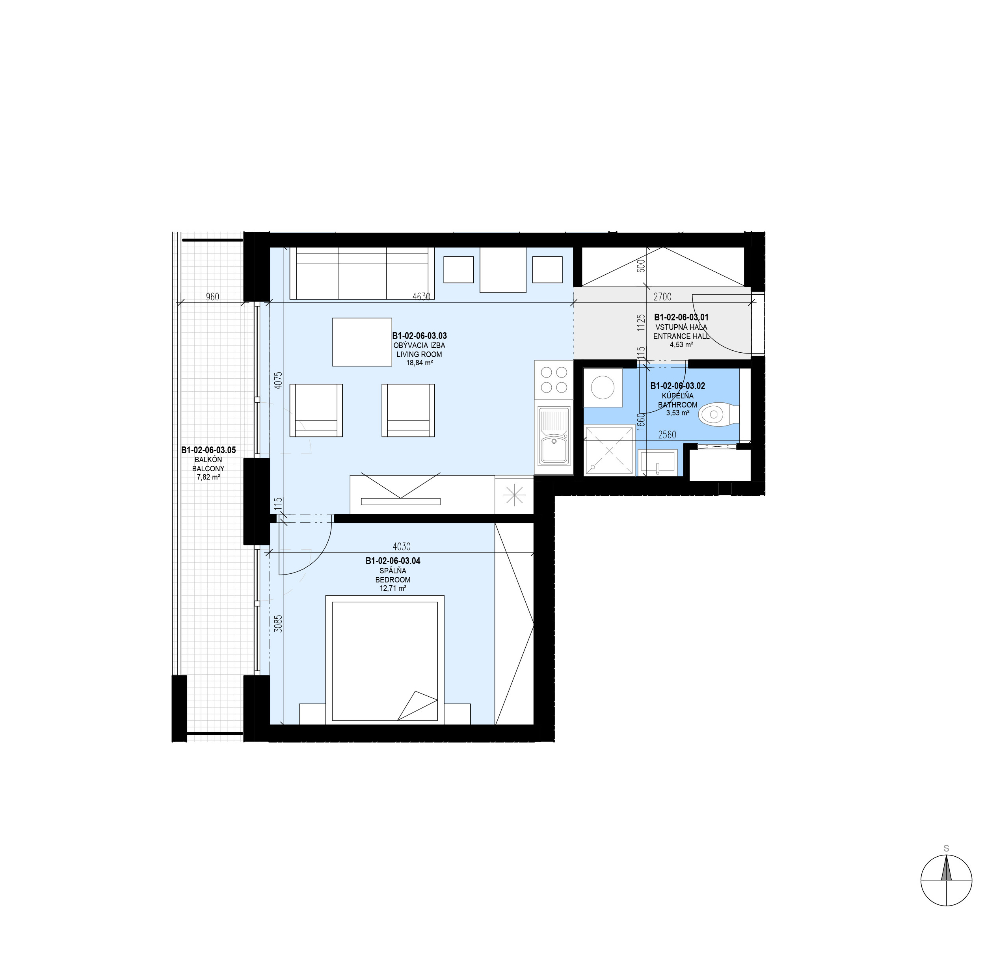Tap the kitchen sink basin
point(553,449)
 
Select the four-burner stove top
point(553,379)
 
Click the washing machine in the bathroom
point(602,388)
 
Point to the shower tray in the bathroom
point(609,450)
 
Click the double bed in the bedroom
point(384,660)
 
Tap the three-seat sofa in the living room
point(362,273)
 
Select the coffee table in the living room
point(362,342)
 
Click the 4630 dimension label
point(421,296)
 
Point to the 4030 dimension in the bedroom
point(401,546)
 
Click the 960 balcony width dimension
point(212,296)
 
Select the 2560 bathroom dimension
point(667,435)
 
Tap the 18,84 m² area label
point(419,363)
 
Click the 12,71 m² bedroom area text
point(392,588)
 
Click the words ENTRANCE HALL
point(681,336)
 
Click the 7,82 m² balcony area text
point(208,477)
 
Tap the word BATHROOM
point(677,405)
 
